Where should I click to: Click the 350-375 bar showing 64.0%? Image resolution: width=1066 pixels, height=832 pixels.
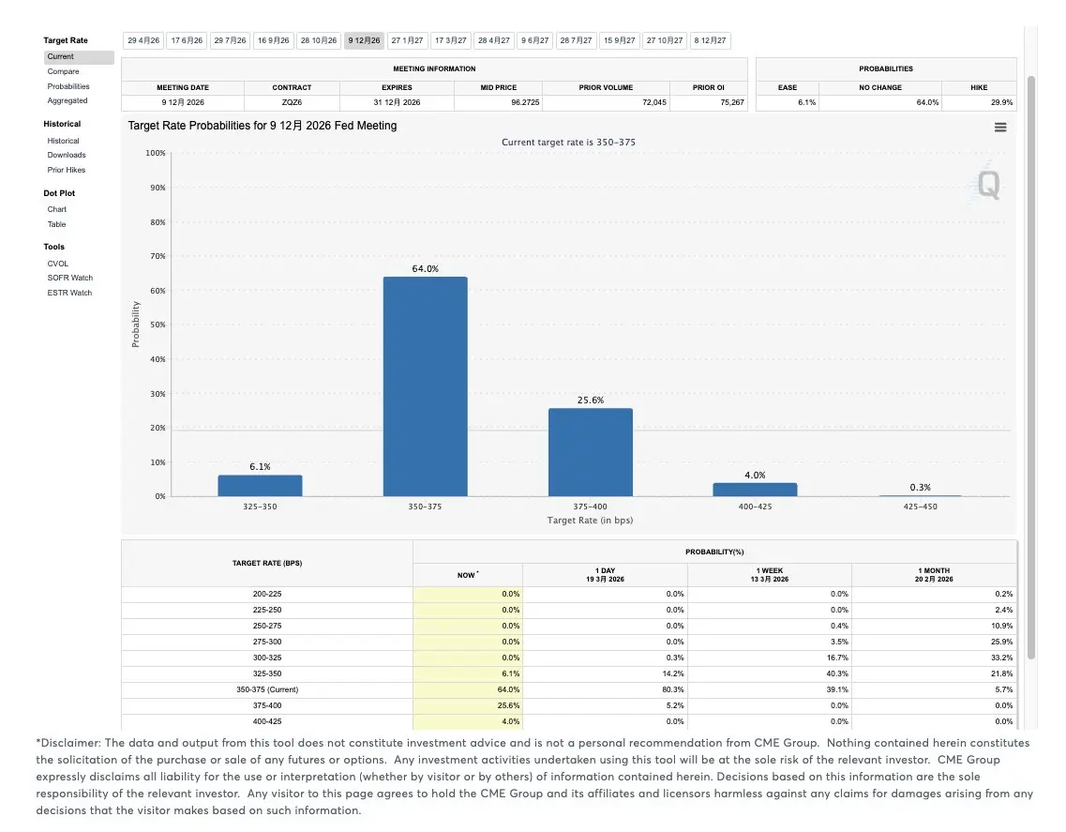click(x=425, y=386)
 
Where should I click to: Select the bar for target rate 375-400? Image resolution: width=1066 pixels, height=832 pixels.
click(x=590, y=452)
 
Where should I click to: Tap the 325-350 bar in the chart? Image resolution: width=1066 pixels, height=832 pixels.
click(x=260, y=486)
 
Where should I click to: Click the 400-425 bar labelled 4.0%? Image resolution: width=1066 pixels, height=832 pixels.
click(x=755, y=490)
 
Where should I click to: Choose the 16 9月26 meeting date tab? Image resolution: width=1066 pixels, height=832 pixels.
click(x=273, y=40)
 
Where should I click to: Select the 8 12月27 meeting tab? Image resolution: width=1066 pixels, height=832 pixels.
click(x=710, y=40)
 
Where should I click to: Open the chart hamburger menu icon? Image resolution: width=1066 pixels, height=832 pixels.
click(x=1000, y=127)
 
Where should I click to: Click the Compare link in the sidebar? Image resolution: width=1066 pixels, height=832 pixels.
click(x=64, y=71)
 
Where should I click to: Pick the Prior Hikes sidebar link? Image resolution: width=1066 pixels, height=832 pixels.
click(x=67, y=170)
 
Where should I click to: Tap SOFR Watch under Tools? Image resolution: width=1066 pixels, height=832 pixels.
click(x=70, y=278)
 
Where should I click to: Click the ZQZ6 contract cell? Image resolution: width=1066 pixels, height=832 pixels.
click(x=292, y=102)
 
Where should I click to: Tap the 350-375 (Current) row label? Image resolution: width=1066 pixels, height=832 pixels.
click(x=267, y=689)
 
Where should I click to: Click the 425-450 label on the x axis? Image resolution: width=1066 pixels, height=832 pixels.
click(x=920, y=507)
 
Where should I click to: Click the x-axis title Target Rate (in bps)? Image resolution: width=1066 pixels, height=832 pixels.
click(x=590, y=520)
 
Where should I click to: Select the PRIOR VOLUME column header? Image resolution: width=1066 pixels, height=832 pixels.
click(x=606, y=87)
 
